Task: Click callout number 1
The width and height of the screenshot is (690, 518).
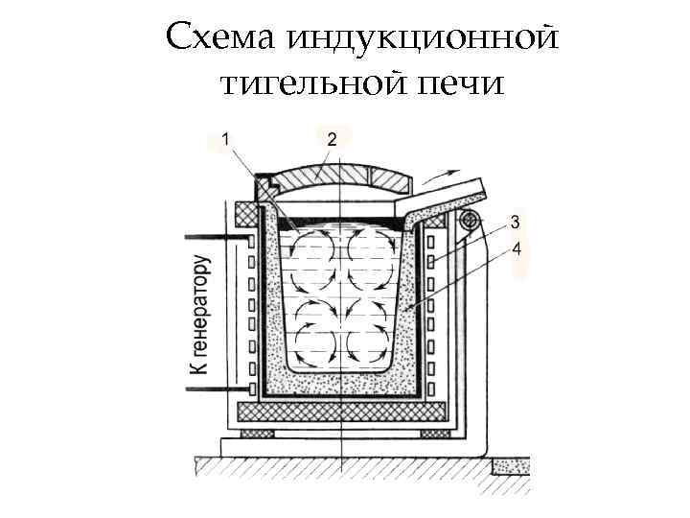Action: click(x=226, y=139)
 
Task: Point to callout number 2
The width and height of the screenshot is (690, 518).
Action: click(x=331, y=139)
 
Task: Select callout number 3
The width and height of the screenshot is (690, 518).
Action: click(x=516, y=223)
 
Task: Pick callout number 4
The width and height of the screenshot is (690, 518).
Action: click(x=517, y=249)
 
